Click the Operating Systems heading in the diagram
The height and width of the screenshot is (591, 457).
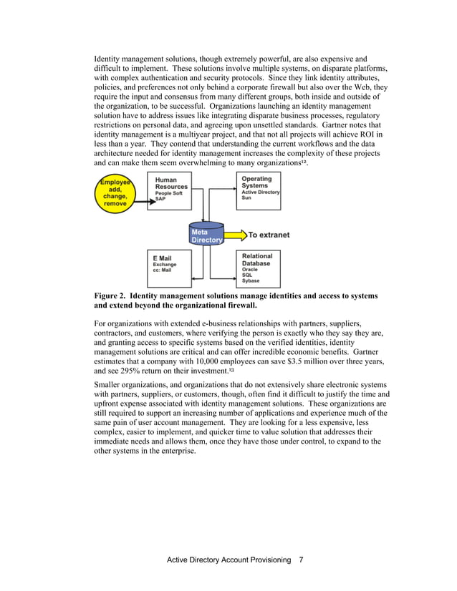[x=256, y=182]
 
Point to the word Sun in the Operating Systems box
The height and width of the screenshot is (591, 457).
[x=246, y=197]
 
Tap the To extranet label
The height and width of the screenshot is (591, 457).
[x=269, y=235]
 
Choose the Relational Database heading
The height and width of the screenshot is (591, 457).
[x=256, y=259]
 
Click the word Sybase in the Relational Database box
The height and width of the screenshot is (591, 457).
[x=251, y=281]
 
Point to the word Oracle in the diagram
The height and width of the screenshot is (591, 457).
[x=250, y=269]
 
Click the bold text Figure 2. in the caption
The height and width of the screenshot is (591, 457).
[x=110, y=295]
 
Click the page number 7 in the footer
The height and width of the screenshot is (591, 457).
[x=302, y=560]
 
